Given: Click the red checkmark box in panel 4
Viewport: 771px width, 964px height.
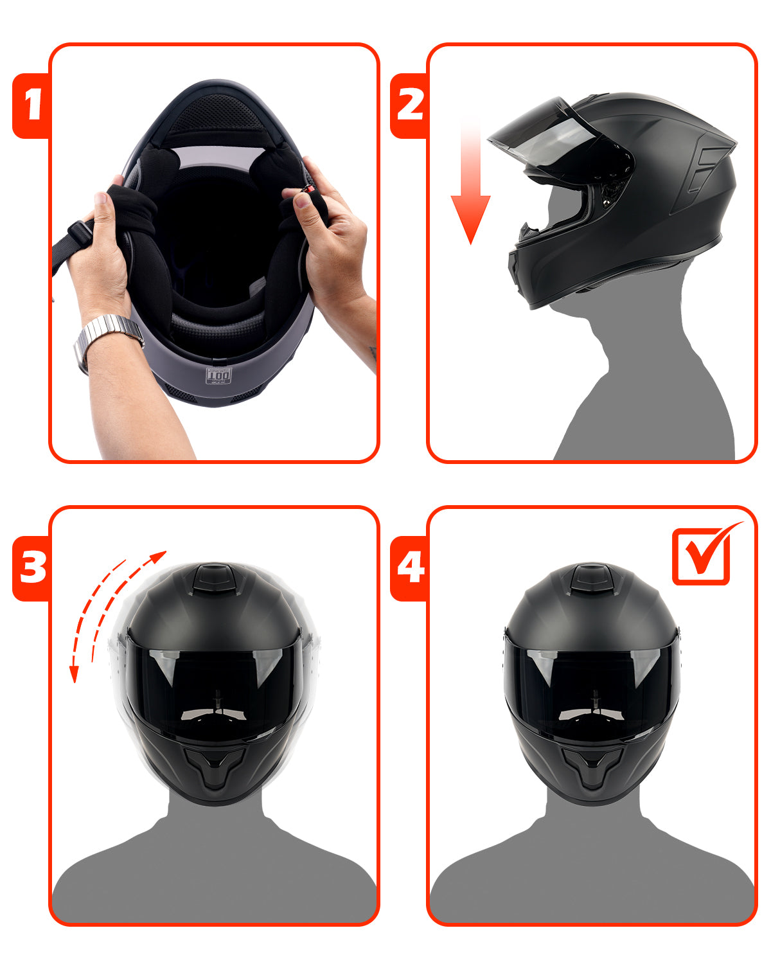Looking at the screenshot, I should pyautogui.click(x=702, y=556).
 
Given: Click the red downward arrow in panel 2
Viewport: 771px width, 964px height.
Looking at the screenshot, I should pyautogui.click(x=470, y=193).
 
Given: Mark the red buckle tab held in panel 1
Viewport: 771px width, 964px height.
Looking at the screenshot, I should pyautogui.click(x=309, y=190).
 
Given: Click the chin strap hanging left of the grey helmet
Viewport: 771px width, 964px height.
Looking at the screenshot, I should pyautogui.click(x=71, y=241).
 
